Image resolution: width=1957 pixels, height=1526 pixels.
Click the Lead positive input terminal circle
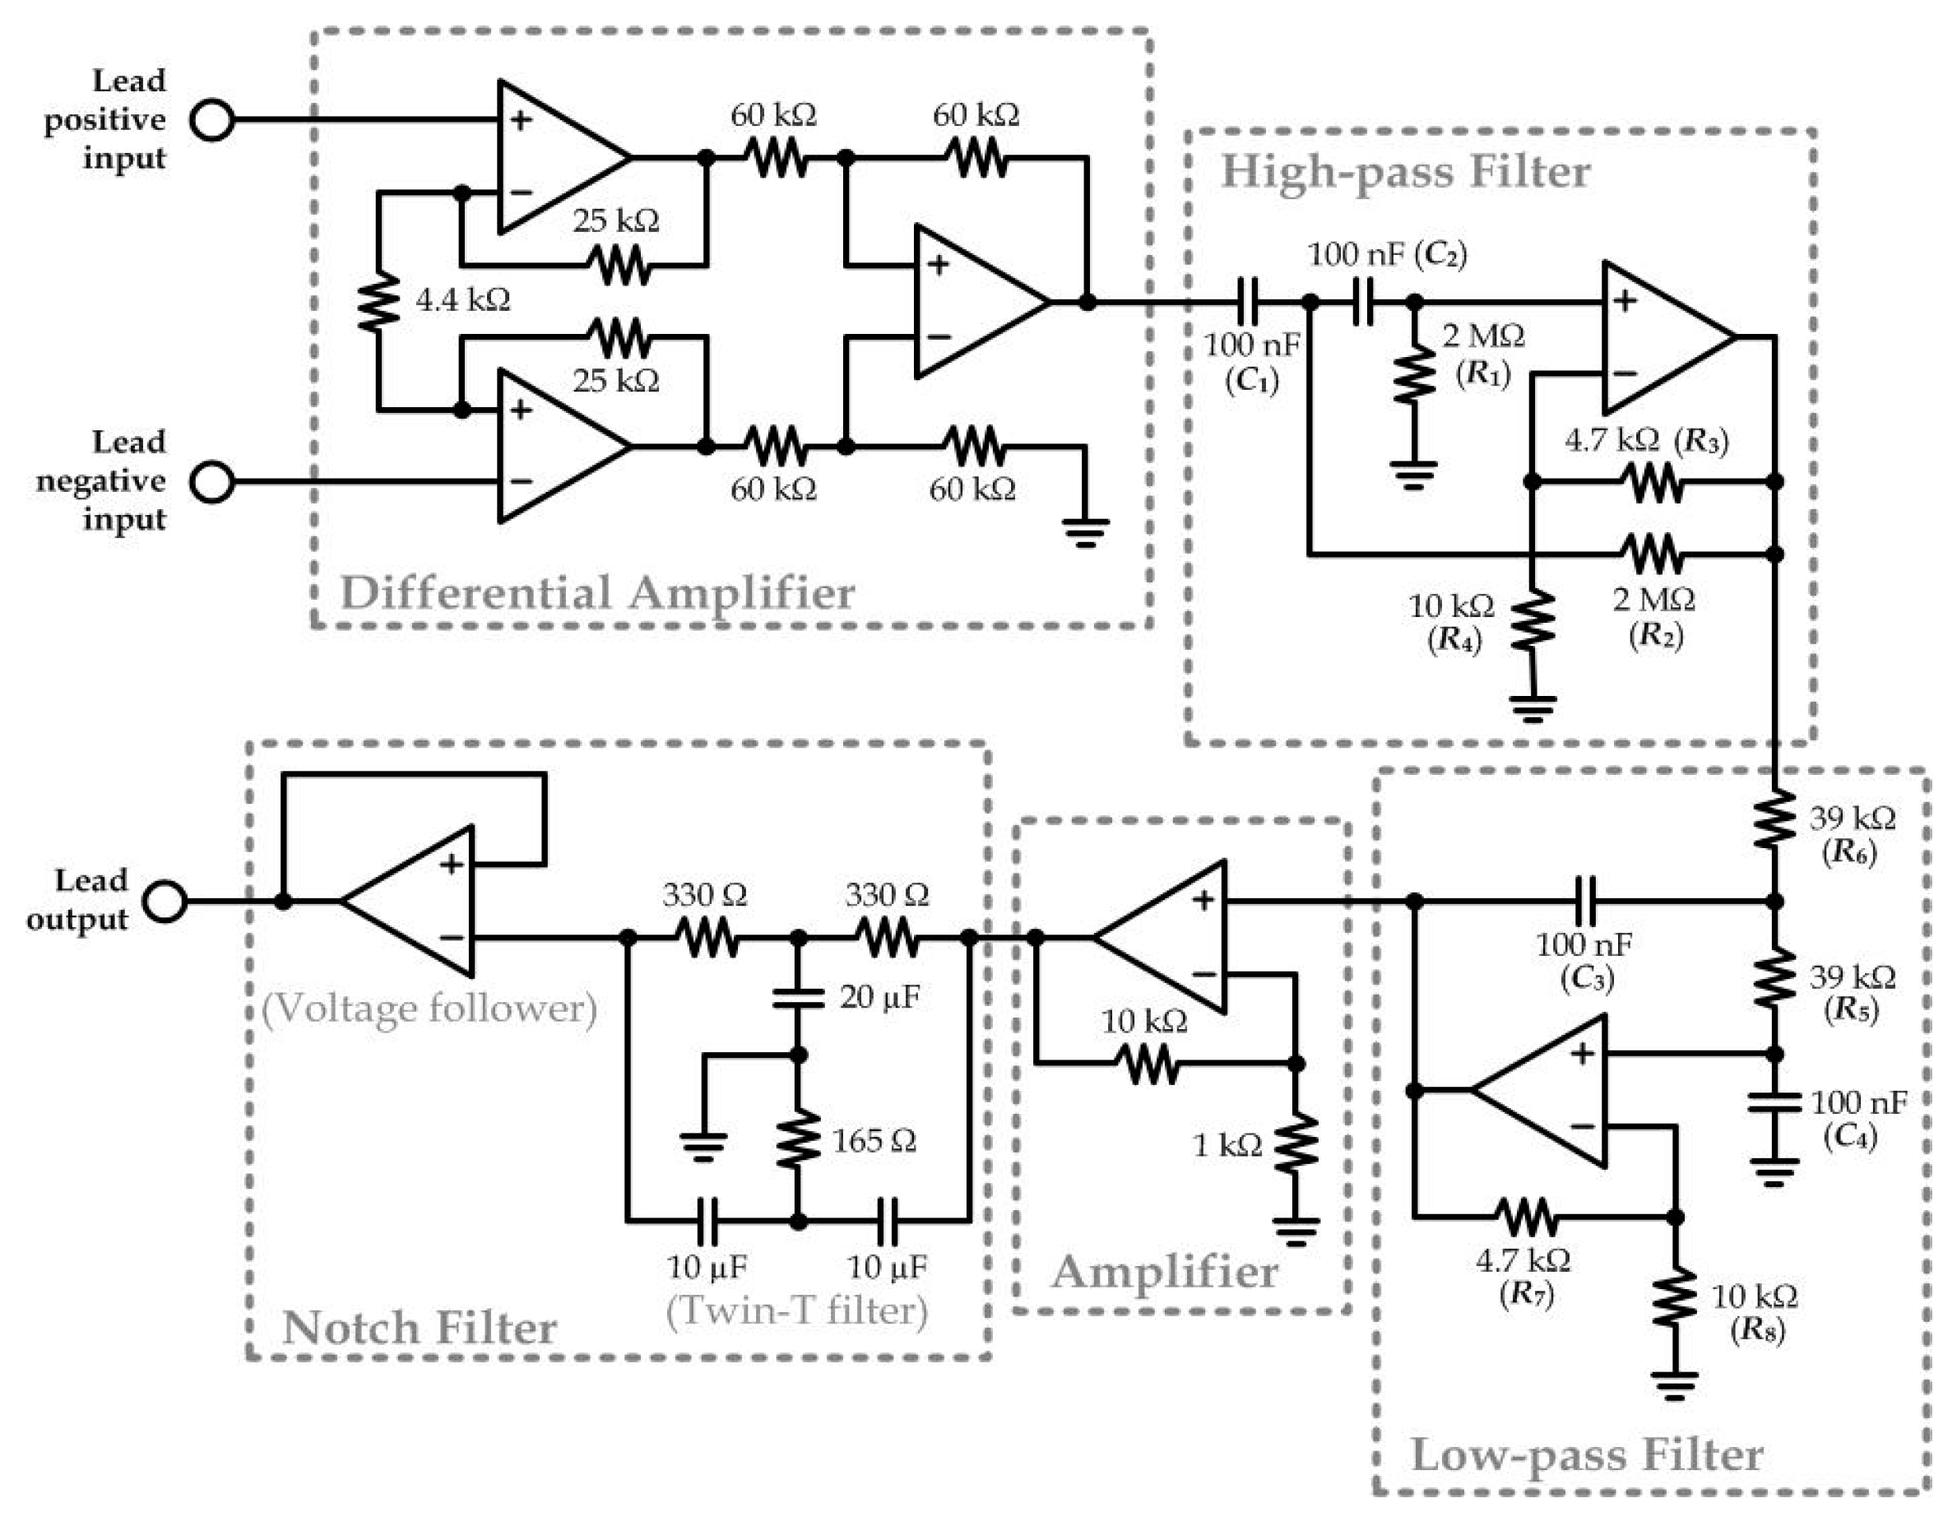(x=213, y=119)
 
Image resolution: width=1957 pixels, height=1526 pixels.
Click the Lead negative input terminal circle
(x=213, y=482)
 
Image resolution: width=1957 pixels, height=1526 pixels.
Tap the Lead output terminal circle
(x=167, y=902)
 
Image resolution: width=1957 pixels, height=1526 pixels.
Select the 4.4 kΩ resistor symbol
(x=379, y=302)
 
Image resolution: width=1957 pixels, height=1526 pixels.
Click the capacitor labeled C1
(x=1246, y=302)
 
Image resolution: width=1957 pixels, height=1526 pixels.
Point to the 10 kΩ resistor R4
(x=1533, y=620)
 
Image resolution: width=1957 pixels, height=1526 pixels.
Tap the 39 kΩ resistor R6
(x=1774, y=817)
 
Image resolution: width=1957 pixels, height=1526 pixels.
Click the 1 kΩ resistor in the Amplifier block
(x=1296, y=1144)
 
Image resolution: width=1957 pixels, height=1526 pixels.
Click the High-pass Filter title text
(x=1405, y=172)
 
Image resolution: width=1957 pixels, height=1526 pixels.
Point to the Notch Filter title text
(x=420, y=1327)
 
